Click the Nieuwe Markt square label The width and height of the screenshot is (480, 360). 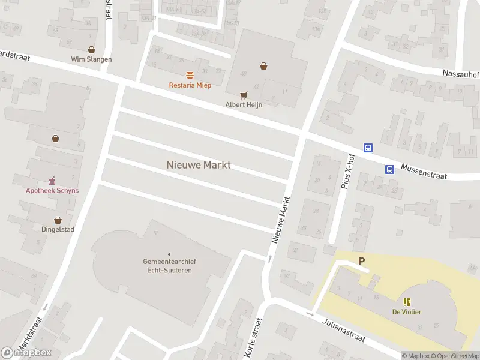point(198,164)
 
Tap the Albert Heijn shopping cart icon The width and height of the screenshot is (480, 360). point(244,95)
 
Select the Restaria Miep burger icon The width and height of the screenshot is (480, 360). point(190,76)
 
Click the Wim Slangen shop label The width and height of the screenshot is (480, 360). point(91,59)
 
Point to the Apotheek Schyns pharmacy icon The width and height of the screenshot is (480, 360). point(52,181)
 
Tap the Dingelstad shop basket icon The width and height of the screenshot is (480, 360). point(58,220)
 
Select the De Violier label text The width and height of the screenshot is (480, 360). point(407,311)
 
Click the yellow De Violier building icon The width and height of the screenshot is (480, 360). point(407,301)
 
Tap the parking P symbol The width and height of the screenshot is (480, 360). point(361,261)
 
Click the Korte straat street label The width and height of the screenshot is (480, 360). point(251,339)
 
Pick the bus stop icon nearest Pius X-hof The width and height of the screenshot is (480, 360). point(368,148)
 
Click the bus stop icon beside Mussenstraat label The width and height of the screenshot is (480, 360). point(389,169)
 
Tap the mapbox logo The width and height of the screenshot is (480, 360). point(27,353)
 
